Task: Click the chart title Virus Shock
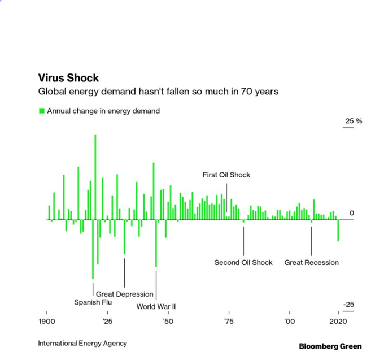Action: pos(68,78)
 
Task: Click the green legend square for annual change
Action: pos(41,111)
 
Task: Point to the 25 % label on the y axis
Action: pos(353,122)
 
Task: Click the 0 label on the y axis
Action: pos(351,213)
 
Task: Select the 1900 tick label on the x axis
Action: pos(47,321)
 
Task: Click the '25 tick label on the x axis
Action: pos(107,321)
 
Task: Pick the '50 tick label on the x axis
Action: pos(168,321)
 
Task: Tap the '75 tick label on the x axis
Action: pos(228,321)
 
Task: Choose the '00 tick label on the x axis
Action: pos(289,321)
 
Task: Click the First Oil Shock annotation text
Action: pos(226,175)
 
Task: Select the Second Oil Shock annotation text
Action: pos(243,262)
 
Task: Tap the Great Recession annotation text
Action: pos(312,262)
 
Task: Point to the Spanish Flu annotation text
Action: pos(93,302)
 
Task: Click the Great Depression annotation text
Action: pos(124,294)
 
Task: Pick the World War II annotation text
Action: pos(156,306)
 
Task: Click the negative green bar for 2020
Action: pos(338,231)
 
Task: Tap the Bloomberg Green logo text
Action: pos(330,346)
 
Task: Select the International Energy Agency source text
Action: pos(82,343)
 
